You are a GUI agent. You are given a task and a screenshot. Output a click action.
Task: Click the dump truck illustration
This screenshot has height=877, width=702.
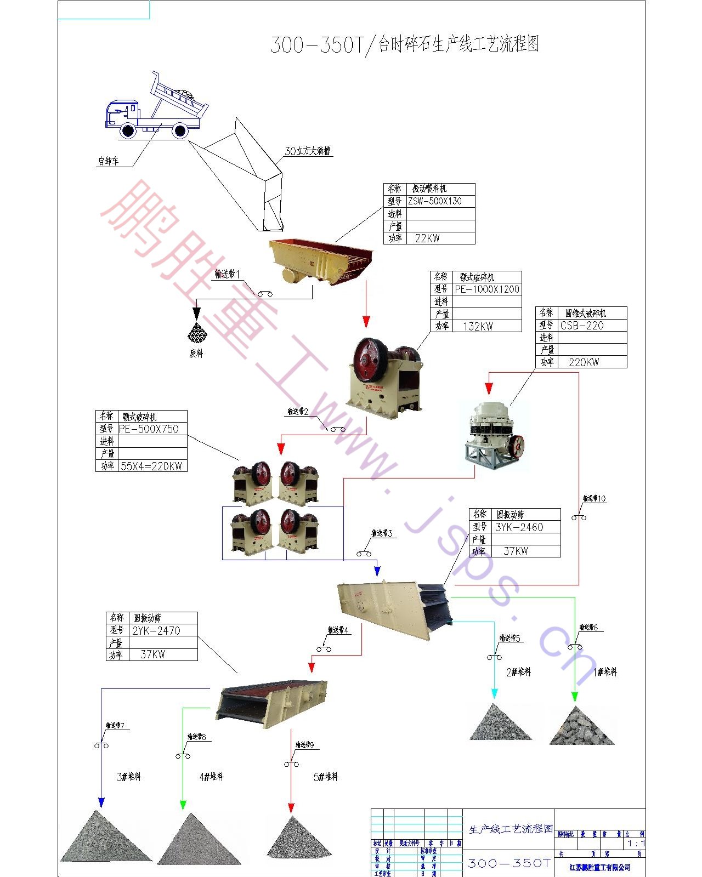click(x=156, y=109)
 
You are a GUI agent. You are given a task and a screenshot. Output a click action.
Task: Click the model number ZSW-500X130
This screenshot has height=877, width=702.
click(x=435, y=201)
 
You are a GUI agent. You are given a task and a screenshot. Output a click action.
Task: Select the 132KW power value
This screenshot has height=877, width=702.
click(x=478, y=326)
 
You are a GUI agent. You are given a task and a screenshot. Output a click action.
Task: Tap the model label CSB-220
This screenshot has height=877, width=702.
click(x=582, y=325)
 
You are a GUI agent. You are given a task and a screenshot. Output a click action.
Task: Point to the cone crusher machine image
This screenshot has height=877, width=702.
click(x=494, y=436)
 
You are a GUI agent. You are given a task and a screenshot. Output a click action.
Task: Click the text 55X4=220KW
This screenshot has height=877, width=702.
click(x=151, y=466)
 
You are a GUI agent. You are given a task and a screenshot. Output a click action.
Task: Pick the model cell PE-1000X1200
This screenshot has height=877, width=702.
click(x=487, y=289)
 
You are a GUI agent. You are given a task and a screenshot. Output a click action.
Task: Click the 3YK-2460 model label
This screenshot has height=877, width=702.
click(x=519, y=527)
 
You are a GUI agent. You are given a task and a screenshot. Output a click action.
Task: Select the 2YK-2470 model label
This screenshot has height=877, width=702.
click(x=156, y=630)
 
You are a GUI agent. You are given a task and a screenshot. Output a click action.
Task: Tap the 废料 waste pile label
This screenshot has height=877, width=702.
click(x=196, y=354)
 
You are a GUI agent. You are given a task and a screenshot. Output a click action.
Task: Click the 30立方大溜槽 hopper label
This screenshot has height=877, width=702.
click(x=308, y=151)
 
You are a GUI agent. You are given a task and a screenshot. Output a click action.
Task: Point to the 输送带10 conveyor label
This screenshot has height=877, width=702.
click(x=594, y=498)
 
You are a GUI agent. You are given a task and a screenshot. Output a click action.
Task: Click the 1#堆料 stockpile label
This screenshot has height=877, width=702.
click(x=605, y=671)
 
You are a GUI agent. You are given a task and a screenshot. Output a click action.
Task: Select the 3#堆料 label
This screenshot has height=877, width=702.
click(x=129, y=776)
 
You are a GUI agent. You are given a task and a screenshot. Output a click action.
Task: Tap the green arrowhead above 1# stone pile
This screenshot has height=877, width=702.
click(x=575, y=697)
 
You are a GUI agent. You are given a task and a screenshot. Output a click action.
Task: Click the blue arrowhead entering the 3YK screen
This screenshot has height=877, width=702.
click(x=377, y=571)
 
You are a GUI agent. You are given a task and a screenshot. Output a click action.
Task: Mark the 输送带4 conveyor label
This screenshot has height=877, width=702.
click(x=338, y=630)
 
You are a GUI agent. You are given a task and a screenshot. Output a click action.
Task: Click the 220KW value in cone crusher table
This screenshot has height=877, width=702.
click(x=584, y=362)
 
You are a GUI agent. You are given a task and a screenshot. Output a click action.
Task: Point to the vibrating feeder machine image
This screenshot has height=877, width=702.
click(x=321, y=260)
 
